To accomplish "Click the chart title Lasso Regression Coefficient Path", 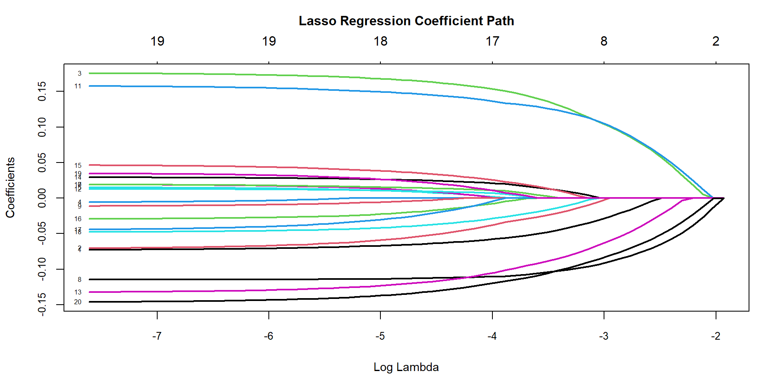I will click(x=406, y=21).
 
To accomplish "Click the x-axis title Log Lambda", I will click(x=406, y=367).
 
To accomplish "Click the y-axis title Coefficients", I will click(x=10, y=187).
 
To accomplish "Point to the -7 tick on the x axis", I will click(x=157, y=336).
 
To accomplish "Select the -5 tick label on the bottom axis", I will click(x=380, y=336).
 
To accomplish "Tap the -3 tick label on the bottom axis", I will click(x=604, y=336).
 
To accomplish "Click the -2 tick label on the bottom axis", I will click(x=716, y=336).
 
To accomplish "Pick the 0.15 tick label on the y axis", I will click(x=42, y=91).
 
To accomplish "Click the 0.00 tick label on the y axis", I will click(x=42, y=198).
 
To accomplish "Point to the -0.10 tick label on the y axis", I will click(x=42, y=269).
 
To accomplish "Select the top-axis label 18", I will click(x=380, y=41).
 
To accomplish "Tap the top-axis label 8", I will click(x=604, y=41).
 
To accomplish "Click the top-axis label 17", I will click(x=492, y=41).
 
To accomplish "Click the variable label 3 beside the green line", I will click(x=79, y=74).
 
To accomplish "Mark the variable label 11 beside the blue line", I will click(x=78, y=86).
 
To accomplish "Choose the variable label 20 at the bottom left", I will click(x=78, y=302).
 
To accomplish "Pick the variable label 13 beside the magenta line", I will click(x=78, y=292).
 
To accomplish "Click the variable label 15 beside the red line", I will click(x=78, y=166).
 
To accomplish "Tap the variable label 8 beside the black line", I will click(x=79, y=280).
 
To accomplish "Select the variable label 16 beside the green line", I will click(x=78, y=219).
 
